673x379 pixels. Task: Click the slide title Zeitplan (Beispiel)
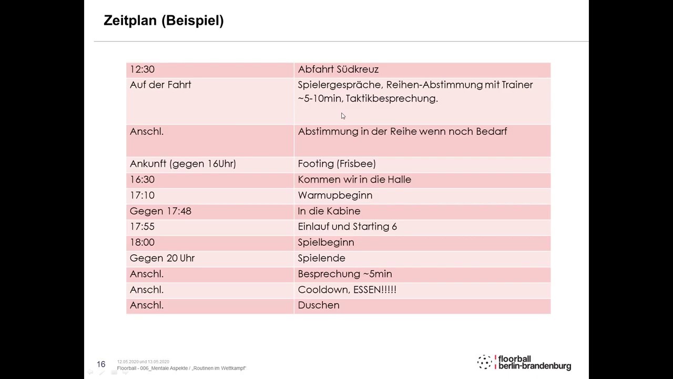pyautogui.click(x=164, y=21)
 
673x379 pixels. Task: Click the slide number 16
pyautogui.click(x=101, y=364)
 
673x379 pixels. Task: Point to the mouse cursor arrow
pyautogui.click(x=343, y=116)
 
